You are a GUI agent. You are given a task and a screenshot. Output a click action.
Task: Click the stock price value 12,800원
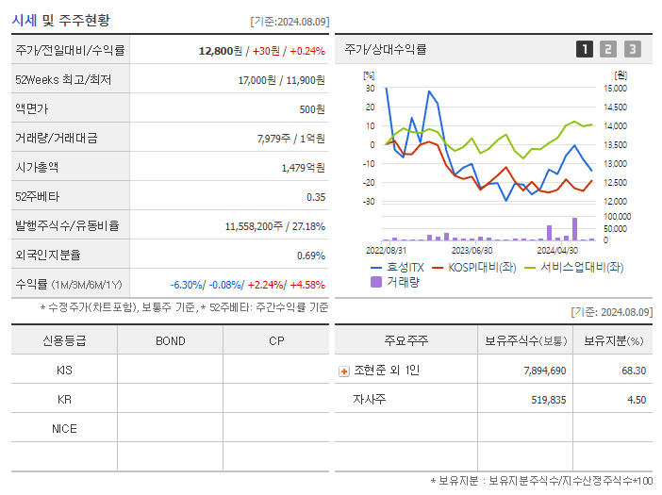pos(222,51)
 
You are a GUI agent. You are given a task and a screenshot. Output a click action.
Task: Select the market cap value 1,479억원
pos(303,168)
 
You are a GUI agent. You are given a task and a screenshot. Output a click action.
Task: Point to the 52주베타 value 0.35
pos(315,197)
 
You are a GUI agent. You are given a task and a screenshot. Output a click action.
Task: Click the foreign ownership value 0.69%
pos(310,256)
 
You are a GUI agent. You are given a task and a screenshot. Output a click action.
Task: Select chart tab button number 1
pos(585,49)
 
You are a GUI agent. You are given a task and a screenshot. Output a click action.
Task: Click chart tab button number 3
pos(632,49)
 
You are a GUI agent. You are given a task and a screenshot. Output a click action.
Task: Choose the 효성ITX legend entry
pos(396,267)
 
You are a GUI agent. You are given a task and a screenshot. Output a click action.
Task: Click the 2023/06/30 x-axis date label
pos(472,251)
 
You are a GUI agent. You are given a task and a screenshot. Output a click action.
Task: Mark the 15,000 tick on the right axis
pos(615,88)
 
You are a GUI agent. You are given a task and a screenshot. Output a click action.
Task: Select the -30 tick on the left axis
pos(369,202)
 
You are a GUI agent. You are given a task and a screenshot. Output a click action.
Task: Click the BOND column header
pos(170,340)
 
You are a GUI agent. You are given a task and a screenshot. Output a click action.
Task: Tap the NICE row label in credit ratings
pos(64,429)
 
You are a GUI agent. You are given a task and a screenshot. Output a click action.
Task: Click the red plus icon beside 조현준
pos(344,371)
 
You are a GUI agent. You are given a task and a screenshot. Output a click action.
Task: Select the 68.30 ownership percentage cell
pos(633,371)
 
